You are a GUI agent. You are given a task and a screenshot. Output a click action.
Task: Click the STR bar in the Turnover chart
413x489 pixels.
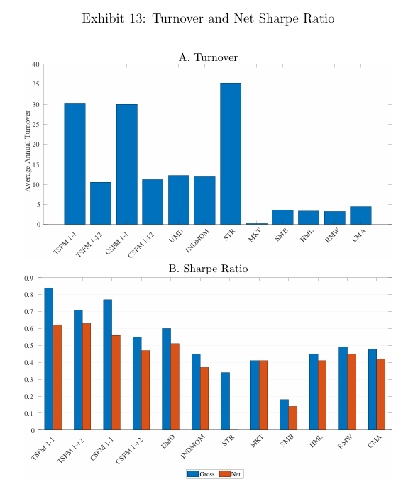click(x=231, y=154)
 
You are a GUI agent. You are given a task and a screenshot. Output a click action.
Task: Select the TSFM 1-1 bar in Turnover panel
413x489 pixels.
click(x=75, y=164)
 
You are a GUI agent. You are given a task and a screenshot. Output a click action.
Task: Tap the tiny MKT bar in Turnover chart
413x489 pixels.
click(x=257, y=224)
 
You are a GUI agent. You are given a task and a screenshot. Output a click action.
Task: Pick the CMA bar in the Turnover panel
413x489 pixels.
click(x=360, y=215)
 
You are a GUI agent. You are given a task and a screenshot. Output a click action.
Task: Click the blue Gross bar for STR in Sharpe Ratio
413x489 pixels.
click(x=225, y=400)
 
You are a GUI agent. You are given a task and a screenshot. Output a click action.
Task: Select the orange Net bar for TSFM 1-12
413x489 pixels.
click(x=87, y=376)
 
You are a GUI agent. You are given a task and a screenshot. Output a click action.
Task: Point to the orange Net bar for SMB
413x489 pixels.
click(x=292, y=418)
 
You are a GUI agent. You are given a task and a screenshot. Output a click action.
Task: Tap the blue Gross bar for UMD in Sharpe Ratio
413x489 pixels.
click(x=166, y=379)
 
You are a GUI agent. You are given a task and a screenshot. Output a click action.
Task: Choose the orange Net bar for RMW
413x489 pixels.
click(x=351, y=392)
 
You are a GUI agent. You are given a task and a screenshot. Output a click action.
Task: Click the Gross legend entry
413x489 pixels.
click(x=201, y=473)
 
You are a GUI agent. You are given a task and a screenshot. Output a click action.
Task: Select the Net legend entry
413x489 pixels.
click(x=230, y=473)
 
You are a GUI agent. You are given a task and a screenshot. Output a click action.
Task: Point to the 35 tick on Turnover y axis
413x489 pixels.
click(x=36, y=84)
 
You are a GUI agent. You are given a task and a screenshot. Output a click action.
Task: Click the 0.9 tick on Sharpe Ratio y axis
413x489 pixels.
click(x=29, y=278)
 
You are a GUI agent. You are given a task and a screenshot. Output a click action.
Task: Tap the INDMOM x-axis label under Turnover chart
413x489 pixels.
click(x=197, y=241)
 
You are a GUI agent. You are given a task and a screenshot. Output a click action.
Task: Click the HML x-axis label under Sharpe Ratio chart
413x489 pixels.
click(x=316, y=441)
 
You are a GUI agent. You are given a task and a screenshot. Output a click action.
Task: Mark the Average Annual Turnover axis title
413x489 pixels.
click(x=28, y=151)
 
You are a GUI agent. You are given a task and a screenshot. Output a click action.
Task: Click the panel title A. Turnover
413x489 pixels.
click(x=208, y=57)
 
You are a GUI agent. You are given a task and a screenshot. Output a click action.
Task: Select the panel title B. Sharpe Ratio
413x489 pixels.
click(x=208, y=269)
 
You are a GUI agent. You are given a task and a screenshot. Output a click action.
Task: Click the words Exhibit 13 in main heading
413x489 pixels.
click(x=114, y=18)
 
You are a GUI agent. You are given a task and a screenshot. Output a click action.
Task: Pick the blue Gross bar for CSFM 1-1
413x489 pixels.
click(x=107, y=364)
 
